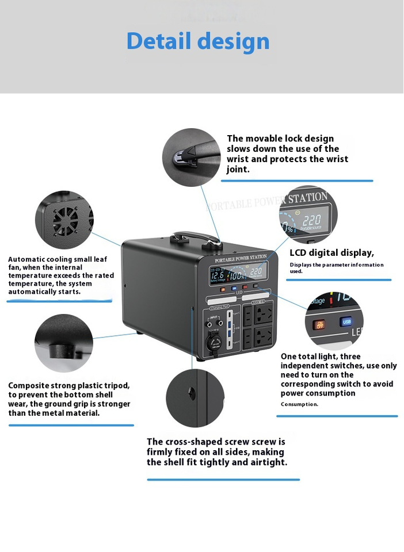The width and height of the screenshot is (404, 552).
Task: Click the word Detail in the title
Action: [159, 41]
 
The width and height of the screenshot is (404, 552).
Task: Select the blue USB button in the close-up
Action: [346, 322]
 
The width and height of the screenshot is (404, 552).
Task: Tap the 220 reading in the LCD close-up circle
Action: [311, 220]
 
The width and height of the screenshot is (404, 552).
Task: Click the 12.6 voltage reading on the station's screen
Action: [217, 275]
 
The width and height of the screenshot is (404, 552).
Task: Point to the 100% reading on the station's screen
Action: [236, 277]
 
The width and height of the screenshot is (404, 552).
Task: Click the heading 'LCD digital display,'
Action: [331, 252]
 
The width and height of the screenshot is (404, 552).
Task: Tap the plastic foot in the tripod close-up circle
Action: [60, 350]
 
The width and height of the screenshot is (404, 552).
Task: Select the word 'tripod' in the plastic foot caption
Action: [117, 386]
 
